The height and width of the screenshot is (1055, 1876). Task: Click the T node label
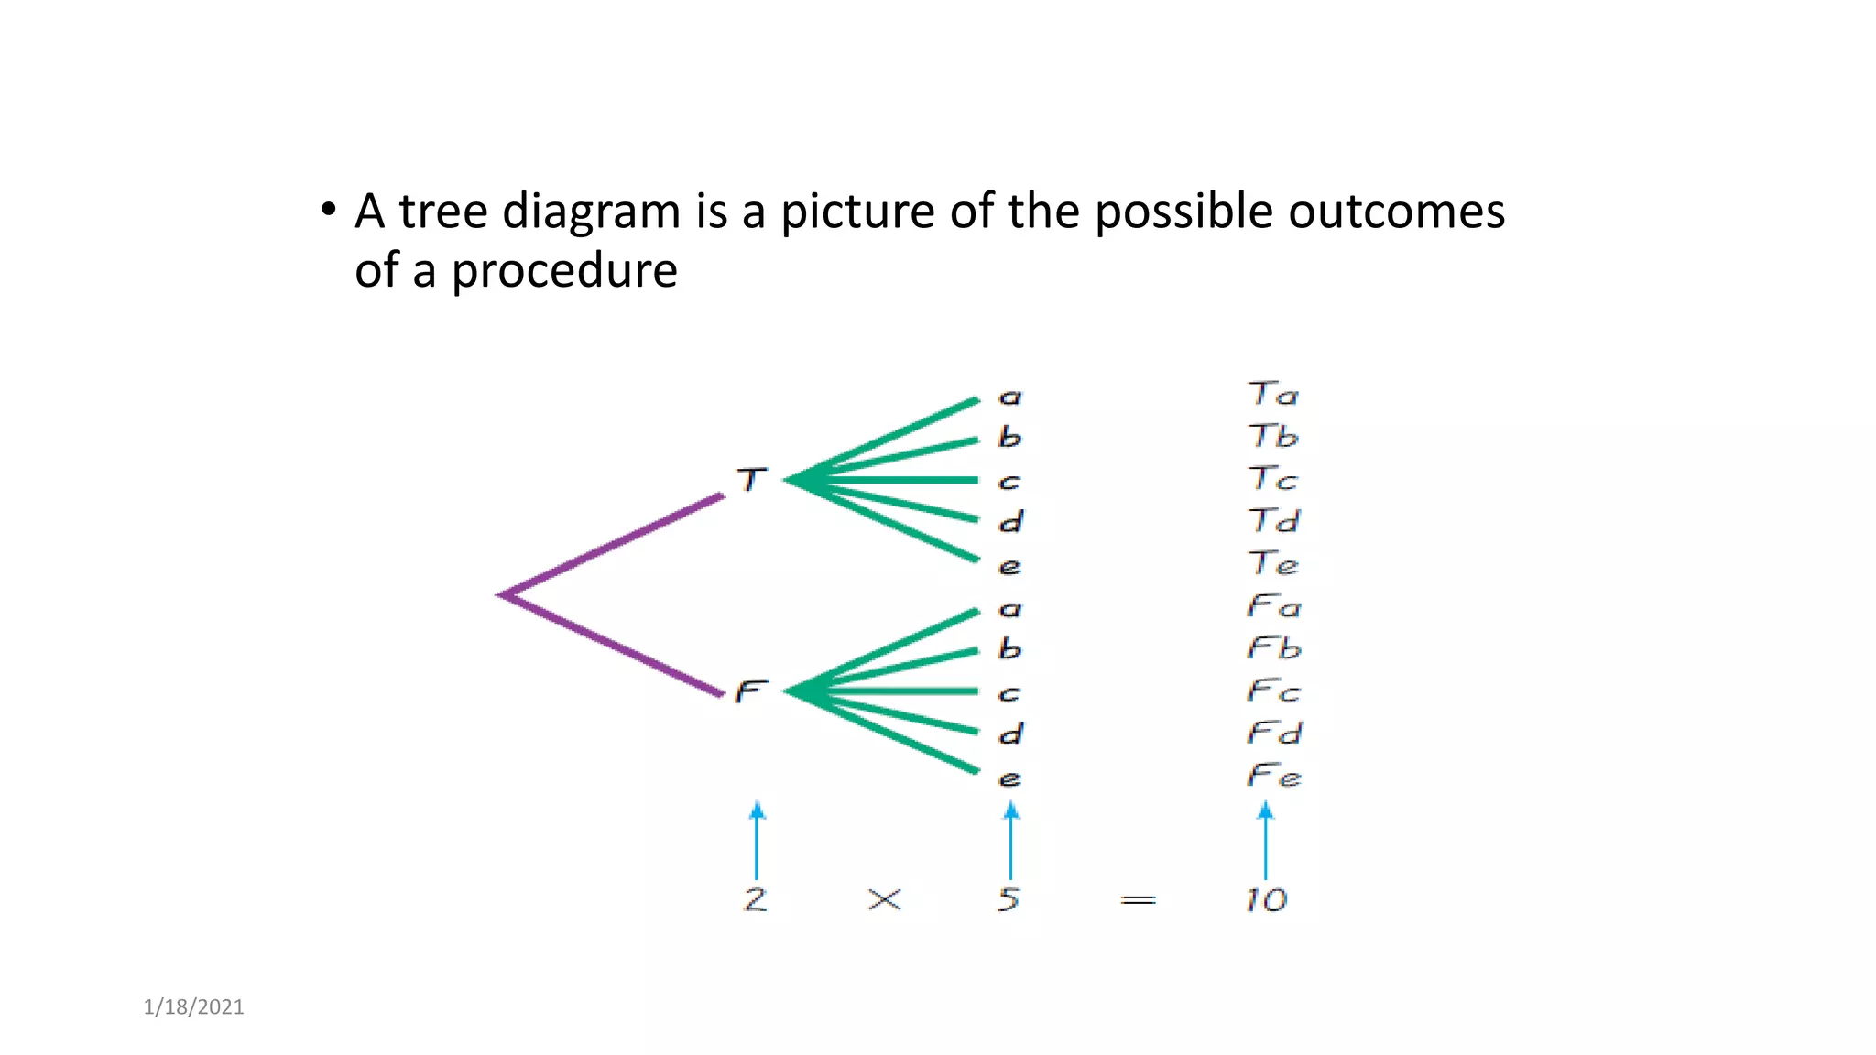pyautogui.click(x=752, y=479)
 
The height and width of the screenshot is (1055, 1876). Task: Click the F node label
pyautogui.click(x=750, y=691)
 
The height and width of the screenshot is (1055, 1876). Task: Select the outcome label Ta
pyautogui.click(x=1273, y=395)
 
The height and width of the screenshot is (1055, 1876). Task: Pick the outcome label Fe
pyautogui.click(x=1274, y=777)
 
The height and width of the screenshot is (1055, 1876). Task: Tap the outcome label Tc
pyautogui.click(x=1273, y=479)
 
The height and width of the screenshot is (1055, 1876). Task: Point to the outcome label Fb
pyautogui.click(x=1274, y=648)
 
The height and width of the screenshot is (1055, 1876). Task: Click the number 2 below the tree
pyautogui.click(x=755, y=899)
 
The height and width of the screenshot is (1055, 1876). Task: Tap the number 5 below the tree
pyautogui.click(x=1009, y=899)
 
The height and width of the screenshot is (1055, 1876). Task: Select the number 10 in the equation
pyautogui.click(x=1266, y=900)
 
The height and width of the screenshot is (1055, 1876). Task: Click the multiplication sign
pyautogui.click(x=884, y=900)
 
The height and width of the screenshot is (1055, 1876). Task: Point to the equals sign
pyautogui.click(x=1138, y=901)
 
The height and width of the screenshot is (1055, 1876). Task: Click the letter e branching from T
pyautogui.click(x=1009, y=567)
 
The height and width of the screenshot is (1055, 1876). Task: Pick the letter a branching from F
pyautogui.click(x=1009, y=609)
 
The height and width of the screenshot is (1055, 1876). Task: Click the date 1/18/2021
pyautogui.click(x=194, y=1007)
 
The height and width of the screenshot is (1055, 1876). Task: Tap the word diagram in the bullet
pyautogui.click(x=591, y=212)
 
